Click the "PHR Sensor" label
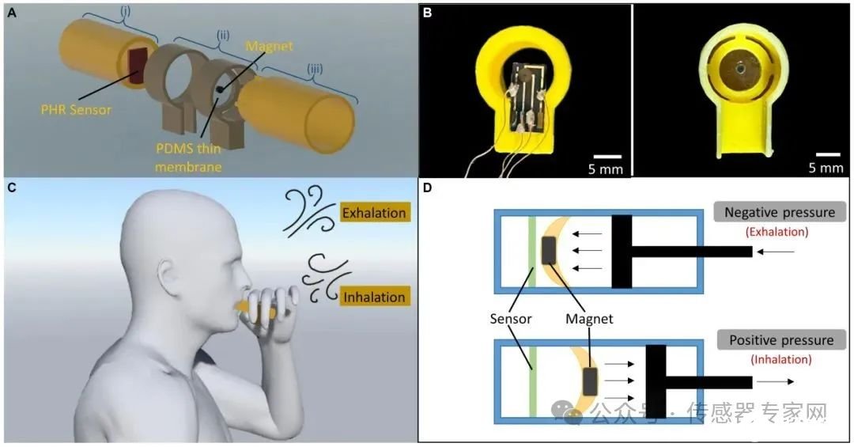[x=77, y=110]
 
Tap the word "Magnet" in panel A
[x=268, y=47]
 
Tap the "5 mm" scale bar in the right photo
[x=827, y=162]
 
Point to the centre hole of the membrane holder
[x=738, y=69]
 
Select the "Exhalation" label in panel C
[x=374, y=212]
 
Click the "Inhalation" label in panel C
[x=373, y=297]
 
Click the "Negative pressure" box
[x=779, y=212]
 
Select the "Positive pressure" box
[x=779, y=340]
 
